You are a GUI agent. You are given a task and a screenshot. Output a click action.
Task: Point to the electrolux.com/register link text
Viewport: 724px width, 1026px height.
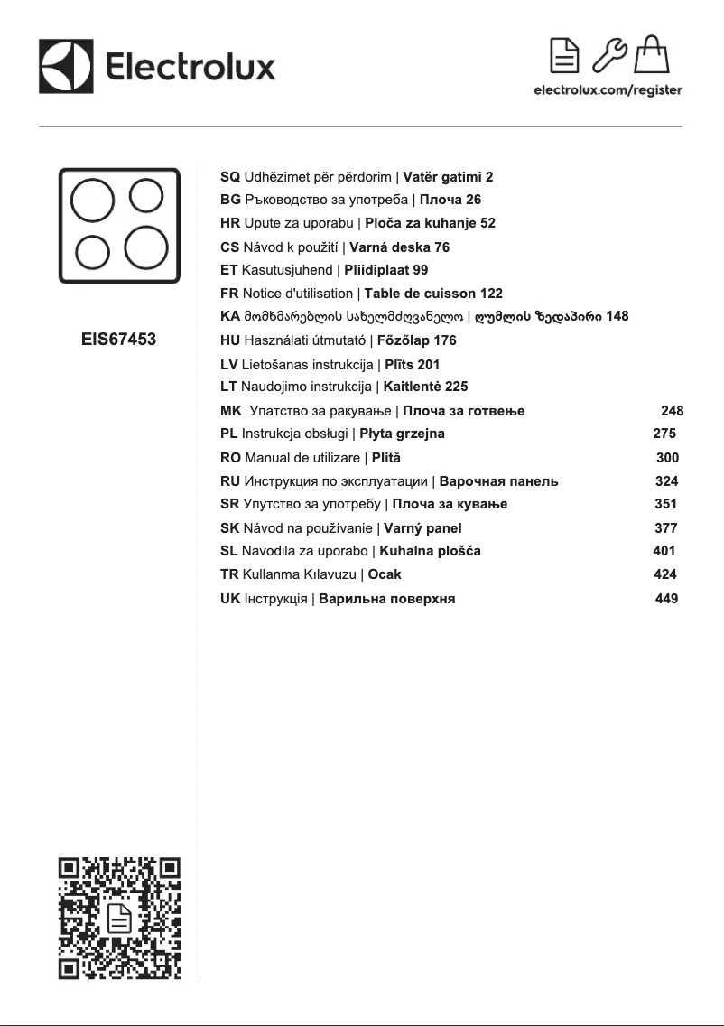(x=608, y=90)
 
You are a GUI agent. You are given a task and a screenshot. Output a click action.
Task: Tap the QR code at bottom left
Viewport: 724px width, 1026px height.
(x=119, y=918)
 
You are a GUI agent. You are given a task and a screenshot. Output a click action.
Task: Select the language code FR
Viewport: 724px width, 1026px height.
(x=229, y=294)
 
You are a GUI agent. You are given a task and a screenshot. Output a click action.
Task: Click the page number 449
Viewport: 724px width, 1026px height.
(x=666, y=598)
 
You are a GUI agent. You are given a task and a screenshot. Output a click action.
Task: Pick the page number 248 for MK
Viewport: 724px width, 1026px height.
(x=672, y=411)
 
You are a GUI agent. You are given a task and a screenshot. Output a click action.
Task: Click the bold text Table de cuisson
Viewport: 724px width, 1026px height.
(x=420, y=294)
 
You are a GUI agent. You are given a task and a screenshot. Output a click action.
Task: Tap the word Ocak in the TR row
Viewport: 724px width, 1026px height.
(x=385, y=574)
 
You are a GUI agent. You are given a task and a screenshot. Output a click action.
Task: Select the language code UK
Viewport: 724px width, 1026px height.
(x=230, y=598)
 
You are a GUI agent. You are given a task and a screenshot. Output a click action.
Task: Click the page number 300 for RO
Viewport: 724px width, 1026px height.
(x=667, y=458)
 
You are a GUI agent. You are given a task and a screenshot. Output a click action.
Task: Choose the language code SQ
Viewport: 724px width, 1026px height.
(x=230, y=177)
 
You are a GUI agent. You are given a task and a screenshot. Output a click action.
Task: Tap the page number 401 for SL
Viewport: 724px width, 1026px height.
(x=664, y=551)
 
